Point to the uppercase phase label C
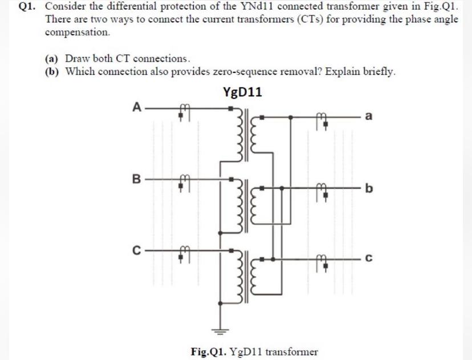coord(136,249)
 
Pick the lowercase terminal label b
coord(369,188)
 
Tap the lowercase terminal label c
coord(369,259)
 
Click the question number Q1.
coord(29,7)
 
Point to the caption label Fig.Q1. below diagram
coord(210,351)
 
